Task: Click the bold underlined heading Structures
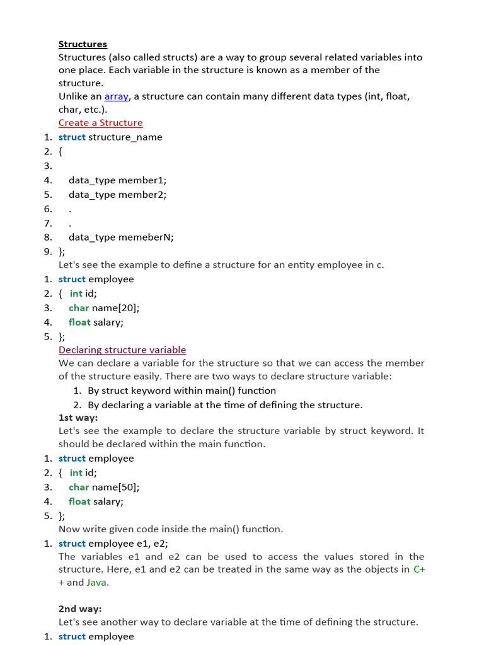83,44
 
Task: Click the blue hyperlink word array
116,96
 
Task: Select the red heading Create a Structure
100,123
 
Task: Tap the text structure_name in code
125,137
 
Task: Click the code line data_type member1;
117,180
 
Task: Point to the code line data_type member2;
117,195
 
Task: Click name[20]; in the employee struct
115,308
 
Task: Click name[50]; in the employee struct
115,487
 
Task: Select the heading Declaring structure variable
122,350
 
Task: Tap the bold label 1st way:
78,418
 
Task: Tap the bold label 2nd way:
80,609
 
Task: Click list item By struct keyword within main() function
181,391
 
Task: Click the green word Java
97,583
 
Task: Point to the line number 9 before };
47,251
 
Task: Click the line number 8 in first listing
47,237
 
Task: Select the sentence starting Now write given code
171,529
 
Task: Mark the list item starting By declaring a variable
225,405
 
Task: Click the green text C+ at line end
419,569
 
